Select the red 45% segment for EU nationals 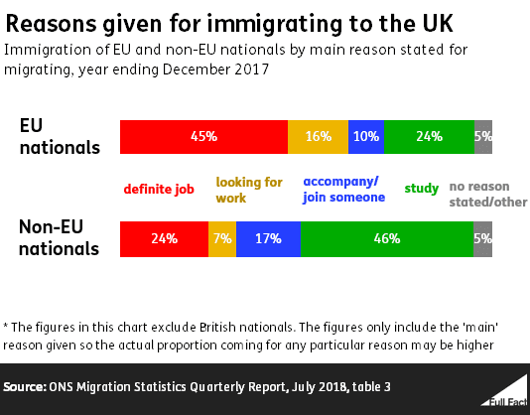(203, 137)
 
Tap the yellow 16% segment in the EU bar (318, 137)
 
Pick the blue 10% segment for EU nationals (366, 137)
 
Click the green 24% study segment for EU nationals (429, 137)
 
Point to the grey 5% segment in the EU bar (482, 137)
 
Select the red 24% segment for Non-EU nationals (164, 238)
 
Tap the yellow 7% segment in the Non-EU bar (222, 238)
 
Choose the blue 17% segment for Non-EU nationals (268, 238)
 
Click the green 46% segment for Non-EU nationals (387, 238)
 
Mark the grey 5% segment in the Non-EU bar (482, 238)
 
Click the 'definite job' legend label (159, 189)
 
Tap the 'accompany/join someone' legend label (343, 190)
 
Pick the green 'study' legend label (421, 189)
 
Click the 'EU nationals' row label (60, 137)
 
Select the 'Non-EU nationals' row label (60, 238)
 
